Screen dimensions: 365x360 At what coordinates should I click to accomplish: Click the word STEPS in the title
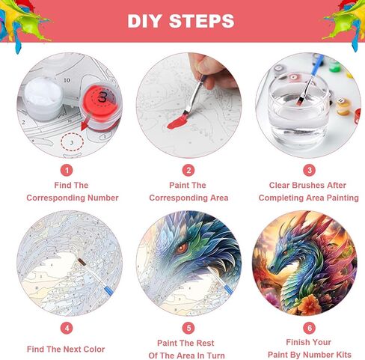202,21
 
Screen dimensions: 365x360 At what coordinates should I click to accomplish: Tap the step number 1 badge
67,171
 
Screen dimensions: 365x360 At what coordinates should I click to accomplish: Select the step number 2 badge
188,171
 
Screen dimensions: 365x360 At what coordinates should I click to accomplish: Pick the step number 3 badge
310,170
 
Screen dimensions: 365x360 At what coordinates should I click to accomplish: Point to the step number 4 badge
67,328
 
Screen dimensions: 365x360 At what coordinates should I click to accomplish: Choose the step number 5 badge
188,328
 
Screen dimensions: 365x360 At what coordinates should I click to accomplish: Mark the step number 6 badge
310,328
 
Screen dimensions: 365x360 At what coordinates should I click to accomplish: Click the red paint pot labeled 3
100,106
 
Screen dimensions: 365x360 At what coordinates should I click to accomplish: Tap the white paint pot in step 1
43,98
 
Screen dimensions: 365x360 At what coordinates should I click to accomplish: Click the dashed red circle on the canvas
73,142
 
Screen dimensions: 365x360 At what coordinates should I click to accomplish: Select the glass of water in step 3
298,110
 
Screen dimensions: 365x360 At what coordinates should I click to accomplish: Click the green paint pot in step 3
334,66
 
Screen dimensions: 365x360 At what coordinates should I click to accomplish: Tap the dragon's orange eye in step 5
182,248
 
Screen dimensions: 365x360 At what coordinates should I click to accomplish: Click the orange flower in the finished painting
310,305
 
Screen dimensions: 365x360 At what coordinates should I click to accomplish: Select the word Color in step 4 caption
93,349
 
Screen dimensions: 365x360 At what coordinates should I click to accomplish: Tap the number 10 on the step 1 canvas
67,80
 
